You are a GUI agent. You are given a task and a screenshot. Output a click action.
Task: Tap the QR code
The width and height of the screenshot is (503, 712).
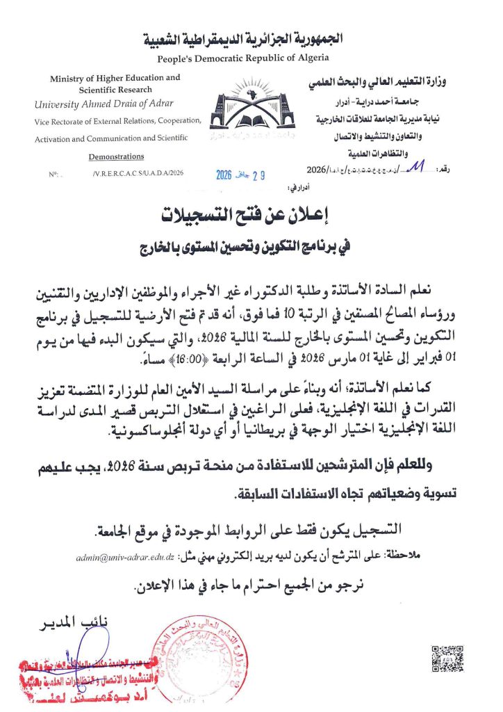click(447, 658)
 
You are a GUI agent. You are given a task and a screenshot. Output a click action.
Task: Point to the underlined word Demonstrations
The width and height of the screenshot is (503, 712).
click(117, 156)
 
